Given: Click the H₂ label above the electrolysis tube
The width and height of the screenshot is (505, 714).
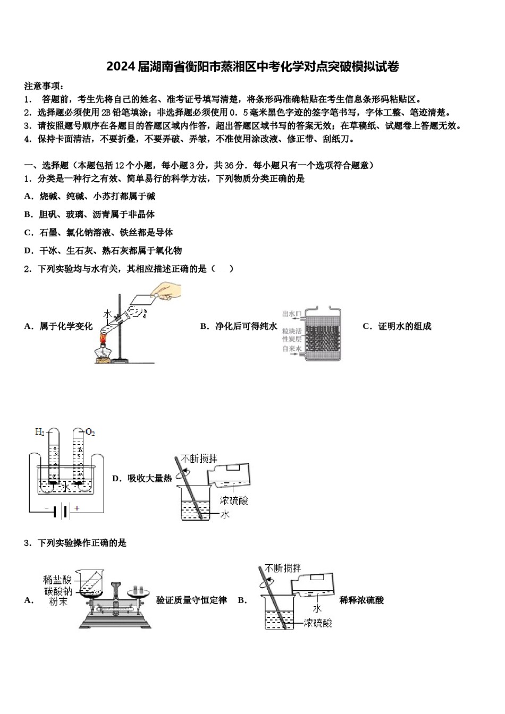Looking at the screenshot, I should [40, 432].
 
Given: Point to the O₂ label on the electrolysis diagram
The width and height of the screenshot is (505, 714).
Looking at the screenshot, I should [90, 432].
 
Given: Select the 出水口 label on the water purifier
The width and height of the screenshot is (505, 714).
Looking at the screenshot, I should [292, 314].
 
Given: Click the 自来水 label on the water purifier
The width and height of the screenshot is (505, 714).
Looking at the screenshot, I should [292, 348].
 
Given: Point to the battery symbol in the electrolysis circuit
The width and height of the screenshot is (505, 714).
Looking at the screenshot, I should [64, 512].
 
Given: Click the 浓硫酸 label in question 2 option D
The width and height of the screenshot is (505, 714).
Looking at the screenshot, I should [234, 500].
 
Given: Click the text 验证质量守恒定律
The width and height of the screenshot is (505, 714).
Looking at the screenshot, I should [191, 600].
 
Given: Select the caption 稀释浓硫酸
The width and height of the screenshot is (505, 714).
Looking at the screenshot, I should [361, 600].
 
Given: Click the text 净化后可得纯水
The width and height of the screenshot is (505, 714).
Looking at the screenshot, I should [246, 326].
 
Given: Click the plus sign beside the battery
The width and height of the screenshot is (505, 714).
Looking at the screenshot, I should [77, 508].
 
